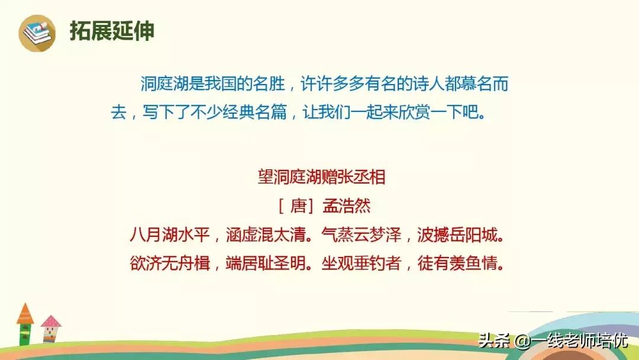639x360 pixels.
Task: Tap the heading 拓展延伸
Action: (x=112, y=31)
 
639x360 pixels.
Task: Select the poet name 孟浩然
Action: (x=347, y=205)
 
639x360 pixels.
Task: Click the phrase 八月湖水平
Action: (x=170, y=234)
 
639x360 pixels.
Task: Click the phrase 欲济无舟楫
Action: (x=170, y=262)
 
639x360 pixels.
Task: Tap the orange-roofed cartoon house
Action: (x=25, y=324)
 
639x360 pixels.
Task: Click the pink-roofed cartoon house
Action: (x=50, y=330)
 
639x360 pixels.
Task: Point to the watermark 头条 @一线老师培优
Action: (x=553, y=341)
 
